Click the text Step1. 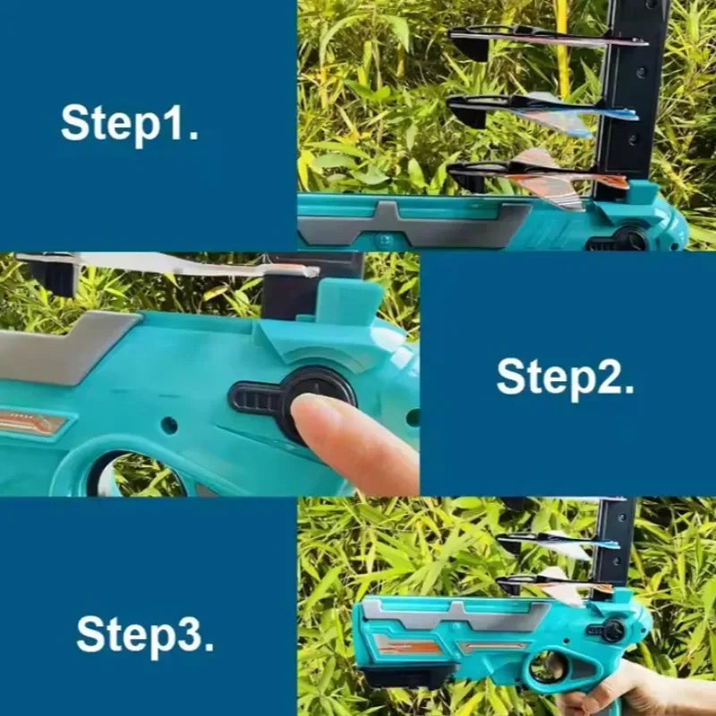click(x=130, y=124)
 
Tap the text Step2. click(x=566, y=378)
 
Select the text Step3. click(x=145, y=635)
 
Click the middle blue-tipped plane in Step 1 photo click(x=543, y=112)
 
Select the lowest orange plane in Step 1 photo click(x=539, y=175)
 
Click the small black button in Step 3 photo click(x=611, y=631)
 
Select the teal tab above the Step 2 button click(x=350, y=302)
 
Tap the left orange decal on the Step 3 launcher click(x=409, y=645)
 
